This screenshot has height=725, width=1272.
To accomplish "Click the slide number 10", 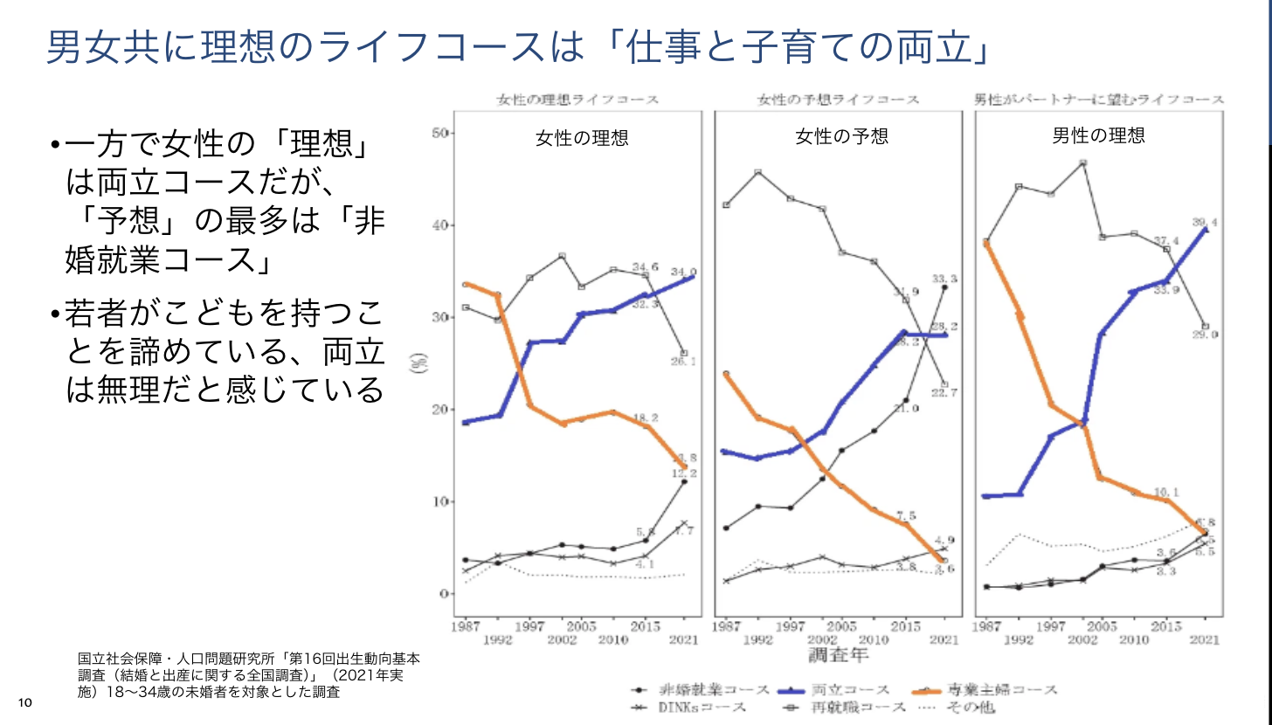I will point(24,703).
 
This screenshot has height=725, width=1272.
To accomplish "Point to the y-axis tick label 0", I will point(444,594).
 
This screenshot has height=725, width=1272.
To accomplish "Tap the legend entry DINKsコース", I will point(704,708).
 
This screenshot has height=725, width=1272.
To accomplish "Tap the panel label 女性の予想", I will point(841,136).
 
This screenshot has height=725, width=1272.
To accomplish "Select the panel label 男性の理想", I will point(1098,135).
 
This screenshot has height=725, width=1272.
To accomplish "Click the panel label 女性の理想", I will point(582,137).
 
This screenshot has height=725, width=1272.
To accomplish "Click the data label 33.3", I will point(944,279).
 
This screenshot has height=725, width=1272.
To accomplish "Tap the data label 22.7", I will point(944,393).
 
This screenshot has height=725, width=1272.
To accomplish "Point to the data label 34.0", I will point(683,272).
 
